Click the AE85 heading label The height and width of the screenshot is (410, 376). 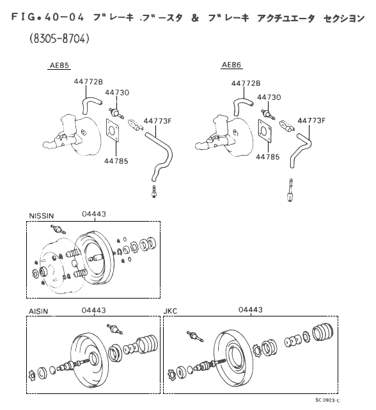click(59, 65)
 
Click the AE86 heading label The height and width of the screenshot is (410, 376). click(231, 65)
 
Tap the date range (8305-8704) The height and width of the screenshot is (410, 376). click(59, 38)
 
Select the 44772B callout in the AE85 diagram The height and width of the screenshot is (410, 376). click(88, 81)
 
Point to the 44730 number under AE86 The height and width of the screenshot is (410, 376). click(269, 97)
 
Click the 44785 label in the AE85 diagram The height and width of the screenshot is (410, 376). click(116, 161)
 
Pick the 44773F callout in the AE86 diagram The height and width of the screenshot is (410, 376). click(311, 120)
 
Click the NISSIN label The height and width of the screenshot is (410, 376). click(42, 216)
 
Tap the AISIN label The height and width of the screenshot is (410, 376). click(38, 311)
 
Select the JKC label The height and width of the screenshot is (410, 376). click(170, 311)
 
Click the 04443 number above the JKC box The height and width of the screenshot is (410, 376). click(251, 309)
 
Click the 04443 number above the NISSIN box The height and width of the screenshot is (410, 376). click(94, 214)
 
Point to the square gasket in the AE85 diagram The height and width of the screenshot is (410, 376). click(113, 130)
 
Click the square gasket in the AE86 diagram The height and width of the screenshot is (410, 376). click(265, 131)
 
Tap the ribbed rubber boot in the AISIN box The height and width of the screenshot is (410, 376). click(147, 344)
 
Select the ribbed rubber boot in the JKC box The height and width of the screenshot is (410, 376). click(323, 332)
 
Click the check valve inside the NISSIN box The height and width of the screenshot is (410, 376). click(58, 229)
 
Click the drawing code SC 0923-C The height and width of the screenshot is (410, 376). click(327, 400)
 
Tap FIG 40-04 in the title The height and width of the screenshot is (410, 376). click(47, 17)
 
